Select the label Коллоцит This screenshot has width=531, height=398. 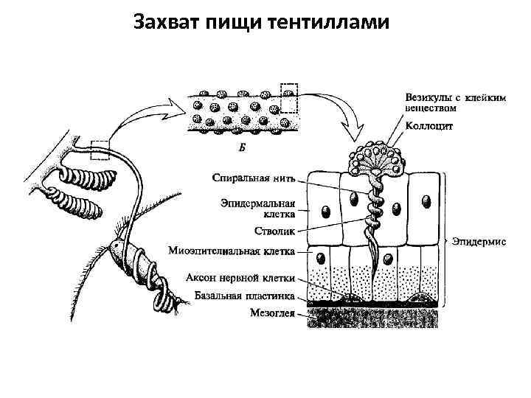coord(427,126)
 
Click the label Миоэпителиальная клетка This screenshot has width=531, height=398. coord(232,251)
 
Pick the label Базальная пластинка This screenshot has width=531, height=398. coord(246,296)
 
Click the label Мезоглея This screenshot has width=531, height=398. coord(272,313)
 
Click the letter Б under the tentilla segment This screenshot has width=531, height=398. coord(243,147)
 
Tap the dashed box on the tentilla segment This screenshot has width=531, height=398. coord(289,98)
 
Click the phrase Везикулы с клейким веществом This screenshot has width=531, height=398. coord(454,101)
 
